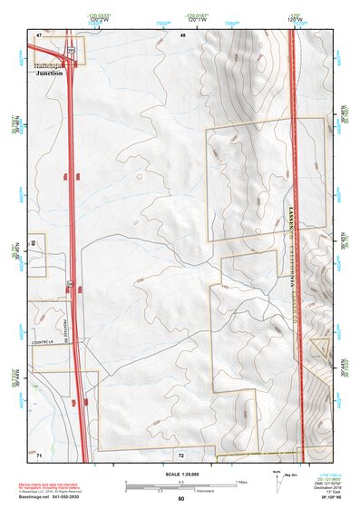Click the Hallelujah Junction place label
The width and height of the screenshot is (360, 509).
pyautogui.click(x=49, y=70)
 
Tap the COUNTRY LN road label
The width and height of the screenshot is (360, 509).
pyautogui.click(x=44, y=341)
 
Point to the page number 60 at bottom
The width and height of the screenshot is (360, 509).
pyautogui.click(x=180, y=499)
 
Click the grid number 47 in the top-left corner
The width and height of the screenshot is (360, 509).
pyautogui.click(x=39, y=34)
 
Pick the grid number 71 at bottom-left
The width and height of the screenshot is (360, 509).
pyautogui.click(x=39, y=453)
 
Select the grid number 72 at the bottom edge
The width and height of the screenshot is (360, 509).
pyautogui.click(x=180, y=453)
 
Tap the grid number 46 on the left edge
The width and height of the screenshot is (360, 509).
pyautogui.click(x=33, y=244)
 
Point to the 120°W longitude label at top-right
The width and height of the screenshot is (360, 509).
pyautogui.click(x=294, y=19)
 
